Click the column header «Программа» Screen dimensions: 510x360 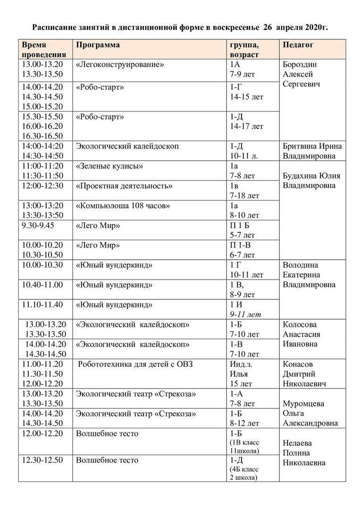(98, 45)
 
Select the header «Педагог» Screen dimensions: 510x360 (298, 45)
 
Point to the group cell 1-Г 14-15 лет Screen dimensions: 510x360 (246, 92)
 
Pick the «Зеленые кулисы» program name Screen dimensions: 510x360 (109, 166)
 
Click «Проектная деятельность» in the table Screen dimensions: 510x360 (124, 186)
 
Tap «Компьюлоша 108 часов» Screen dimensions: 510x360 (123, 206)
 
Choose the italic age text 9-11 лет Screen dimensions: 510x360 (246, 314)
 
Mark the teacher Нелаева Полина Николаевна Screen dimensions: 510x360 (304, 453)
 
